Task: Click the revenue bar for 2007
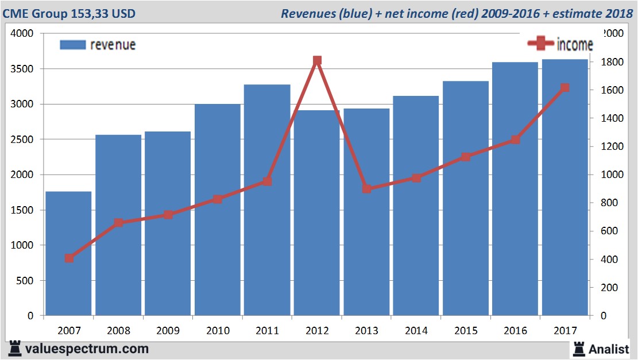click(x=68, y=253)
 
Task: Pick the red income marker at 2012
click(x=317, y=60)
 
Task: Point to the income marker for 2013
click(x=367, y=188)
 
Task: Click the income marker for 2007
click(x=69, y=258)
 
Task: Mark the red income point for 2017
click(x=564, y=88)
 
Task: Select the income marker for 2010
click(x=218, y=199)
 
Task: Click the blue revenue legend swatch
click(x=72, y=45)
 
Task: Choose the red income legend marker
click(x=540, y=44)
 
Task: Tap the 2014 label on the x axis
click(x=416, y=331)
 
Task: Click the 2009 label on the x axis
click(x=168, y=331)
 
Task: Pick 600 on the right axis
click(x=610, y=231)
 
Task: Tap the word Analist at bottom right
click(x=609, y=349)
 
